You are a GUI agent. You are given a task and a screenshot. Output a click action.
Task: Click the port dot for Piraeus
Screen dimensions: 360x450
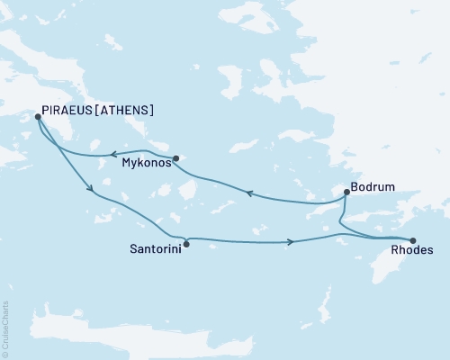pos(38,116)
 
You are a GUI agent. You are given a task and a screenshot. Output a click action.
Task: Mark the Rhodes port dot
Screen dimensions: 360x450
pos(413,240)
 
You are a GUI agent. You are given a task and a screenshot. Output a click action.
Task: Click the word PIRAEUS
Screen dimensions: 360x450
pos(68,111)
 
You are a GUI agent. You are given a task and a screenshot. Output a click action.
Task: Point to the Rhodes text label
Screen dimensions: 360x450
pos(411,254)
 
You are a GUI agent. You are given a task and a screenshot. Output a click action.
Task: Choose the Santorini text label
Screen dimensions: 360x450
pos(153,248)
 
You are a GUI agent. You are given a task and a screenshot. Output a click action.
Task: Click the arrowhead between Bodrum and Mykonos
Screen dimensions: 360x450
pos(251,192)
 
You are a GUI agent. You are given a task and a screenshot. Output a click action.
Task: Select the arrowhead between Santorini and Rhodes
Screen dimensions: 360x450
pos(290,241)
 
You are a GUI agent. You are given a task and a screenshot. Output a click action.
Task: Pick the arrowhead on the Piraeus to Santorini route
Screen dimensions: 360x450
pos(90,189)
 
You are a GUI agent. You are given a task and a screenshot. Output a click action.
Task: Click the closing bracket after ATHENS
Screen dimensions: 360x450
pos(150,111)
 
